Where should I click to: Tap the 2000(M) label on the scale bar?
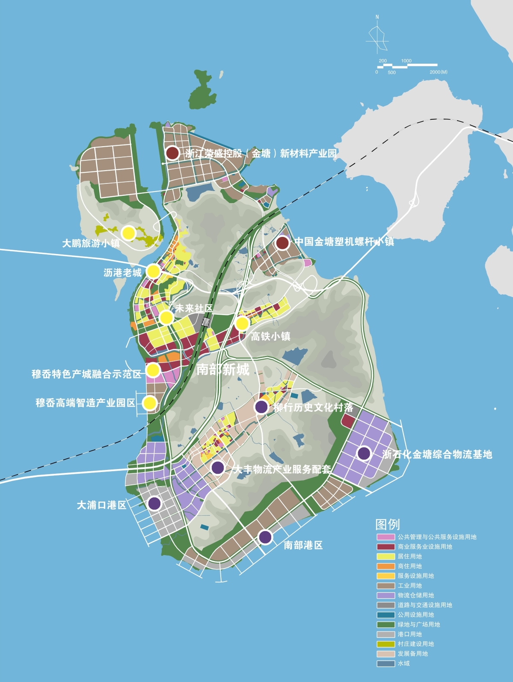click(438, 72)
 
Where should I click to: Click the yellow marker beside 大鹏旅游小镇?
click(128, 233)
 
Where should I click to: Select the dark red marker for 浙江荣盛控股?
click(172, 153)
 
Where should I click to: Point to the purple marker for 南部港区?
click(265, 537)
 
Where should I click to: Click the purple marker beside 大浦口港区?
click(154, 503)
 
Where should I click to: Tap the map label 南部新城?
click(222, 369)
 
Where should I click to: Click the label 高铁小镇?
click(270, 337)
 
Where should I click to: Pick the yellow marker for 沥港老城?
click(153, 271)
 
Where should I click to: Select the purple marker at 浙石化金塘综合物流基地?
click(364, 453)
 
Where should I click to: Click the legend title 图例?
click(388, 524)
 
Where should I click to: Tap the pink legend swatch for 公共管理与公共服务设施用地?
click(385, 537)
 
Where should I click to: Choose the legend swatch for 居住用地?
click(385, 556)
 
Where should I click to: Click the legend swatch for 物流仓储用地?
click(385, 595)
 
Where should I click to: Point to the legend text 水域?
click(403, 664)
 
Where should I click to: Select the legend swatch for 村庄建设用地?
click(385, 644)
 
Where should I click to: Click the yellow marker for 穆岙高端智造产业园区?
click(149, 403)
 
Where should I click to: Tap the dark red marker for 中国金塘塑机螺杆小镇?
click(282, 243)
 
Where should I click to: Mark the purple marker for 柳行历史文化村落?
click(261, 407)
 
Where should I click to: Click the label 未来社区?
click(194, 308)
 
